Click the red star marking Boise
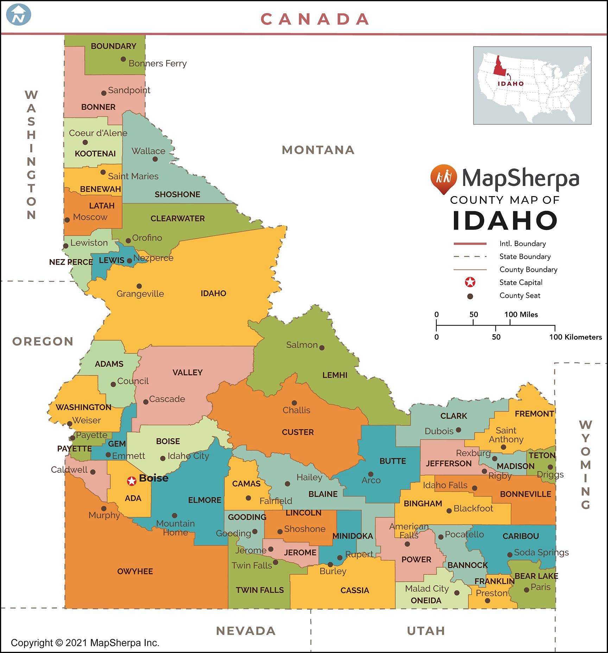(132, 481)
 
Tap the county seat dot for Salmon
(322, 348)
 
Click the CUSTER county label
(298, 432)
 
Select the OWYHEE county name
(135, 571)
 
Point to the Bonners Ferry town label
(157, 63)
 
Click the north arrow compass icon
(19, 15)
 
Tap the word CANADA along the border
(315, 19)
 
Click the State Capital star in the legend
(470, 282)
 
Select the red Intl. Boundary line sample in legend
(470, 244)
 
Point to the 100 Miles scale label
(521, 314)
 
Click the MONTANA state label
(318, 150)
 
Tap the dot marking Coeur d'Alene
(85, 143)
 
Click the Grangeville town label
(140, 294)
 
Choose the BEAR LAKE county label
(536, 576)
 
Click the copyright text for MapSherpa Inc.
(85, 643)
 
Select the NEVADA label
(246, 631)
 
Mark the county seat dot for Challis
(294, 403)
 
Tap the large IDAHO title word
(505, 220)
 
